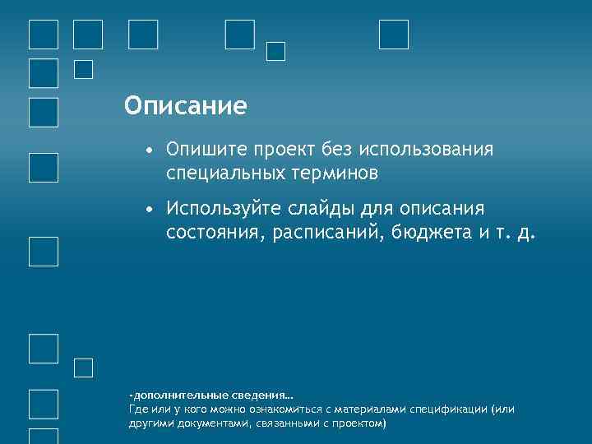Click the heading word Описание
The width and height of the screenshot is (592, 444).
185,106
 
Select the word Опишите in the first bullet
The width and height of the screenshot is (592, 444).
206,150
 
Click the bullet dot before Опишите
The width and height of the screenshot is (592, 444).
147,150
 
